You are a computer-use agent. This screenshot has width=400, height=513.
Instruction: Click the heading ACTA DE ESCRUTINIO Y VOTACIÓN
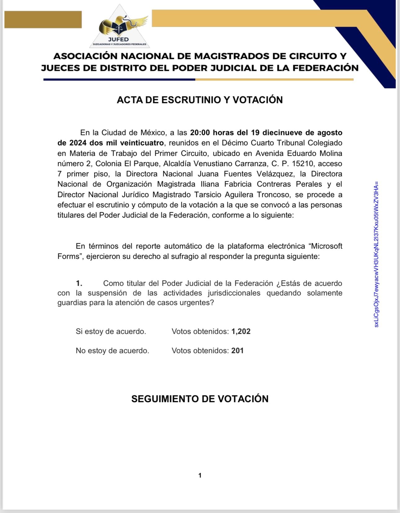click(x=200, y=100)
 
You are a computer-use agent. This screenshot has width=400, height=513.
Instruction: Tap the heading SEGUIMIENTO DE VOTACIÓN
click(x=200, y=399)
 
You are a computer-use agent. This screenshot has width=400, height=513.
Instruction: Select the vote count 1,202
click(x=241, y=331)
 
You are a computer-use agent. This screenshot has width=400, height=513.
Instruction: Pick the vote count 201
click(x=238, y=350)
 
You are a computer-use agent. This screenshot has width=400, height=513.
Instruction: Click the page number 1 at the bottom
click(x=200, y=475)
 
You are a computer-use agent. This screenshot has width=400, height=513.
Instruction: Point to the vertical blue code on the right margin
click(x=376, y=254)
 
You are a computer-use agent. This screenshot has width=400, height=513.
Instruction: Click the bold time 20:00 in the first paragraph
click(x=200, y=133)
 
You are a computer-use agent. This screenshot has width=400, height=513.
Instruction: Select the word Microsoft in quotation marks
click(x=327, y=246)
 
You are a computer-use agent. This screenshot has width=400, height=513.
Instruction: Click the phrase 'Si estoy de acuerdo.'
click(x=111, y=331)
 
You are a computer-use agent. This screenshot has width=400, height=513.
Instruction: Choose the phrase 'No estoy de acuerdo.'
click(x=112, y=350)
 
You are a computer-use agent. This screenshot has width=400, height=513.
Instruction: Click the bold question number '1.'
click(x=79, y=283)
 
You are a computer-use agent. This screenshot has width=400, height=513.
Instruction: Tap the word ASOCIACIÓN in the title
click(x=86, y=56)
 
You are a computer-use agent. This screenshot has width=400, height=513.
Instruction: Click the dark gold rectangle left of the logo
click(x=43, y=20)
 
